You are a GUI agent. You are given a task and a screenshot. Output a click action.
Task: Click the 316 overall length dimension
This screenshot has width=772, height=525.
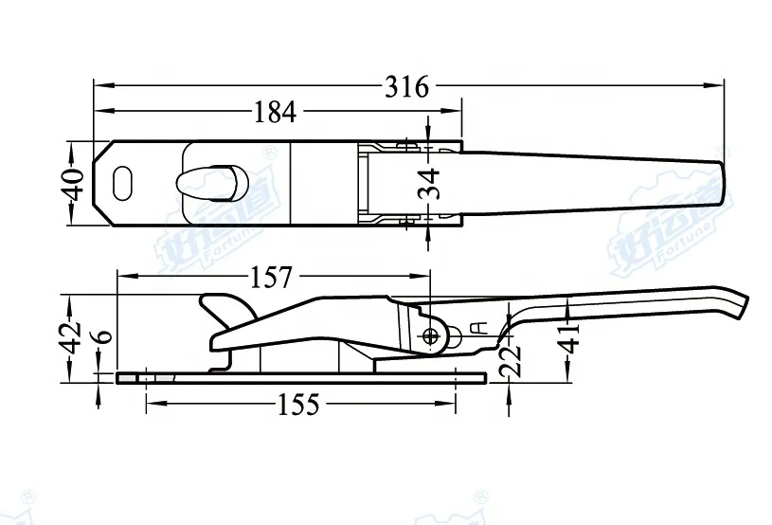(x=406, y=86)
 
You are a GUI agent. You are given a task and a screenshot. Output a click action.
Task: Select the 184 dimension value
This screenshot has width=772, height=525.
(x=275, y=112)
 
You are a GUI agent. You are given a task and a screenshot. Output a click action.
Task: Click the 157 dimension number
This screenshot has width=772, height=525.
(x=273, y=278)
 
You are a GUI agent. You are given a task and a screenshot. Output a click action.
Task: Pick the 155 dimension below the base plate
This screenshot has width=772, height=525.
(x=299, y=405)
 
